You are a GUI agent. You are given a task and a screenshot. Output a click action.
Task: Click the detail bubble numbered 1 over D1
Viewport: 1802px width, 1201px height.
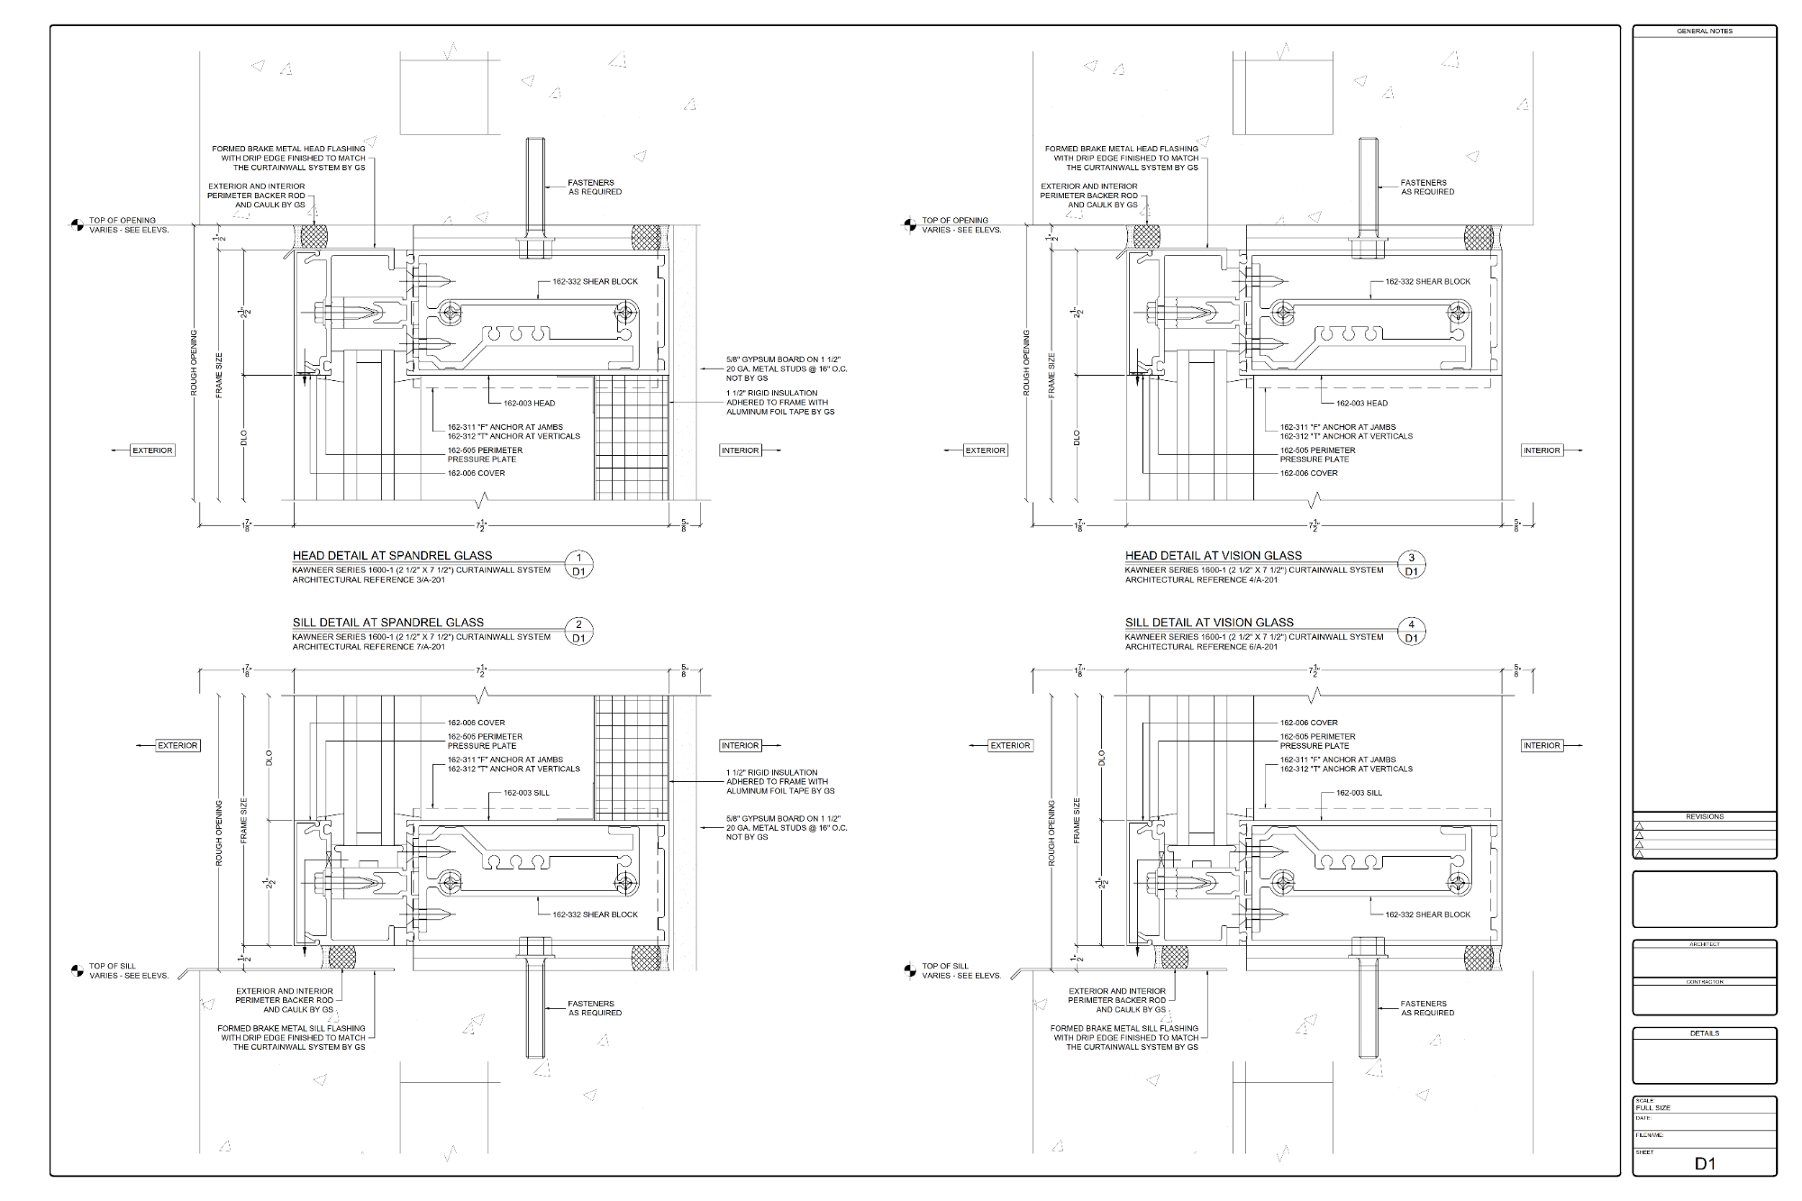click(x=579, y=564)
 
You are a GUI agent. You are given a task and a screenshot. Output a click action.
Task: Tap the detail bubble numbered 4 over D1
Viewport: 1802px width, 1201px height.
click(x=1412, y=631)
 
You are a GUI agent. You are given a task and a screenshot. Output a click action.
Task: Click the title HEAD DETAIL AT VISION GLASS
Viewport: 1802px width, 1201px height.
click(x=1213, y=555)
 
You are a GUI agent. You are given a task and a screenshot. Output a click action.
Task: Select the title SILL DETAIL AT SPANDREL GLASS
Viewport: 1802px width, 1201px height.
click(x=387, y=622)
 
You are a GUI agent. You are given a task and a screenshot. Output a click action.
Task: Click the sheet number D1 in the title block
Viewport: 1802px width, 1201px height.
click(x=1705, y=1163)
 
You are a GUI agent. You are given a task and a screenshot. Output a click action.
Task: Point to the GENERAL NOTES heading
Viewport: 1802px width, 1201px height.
click(x=1704, y=32)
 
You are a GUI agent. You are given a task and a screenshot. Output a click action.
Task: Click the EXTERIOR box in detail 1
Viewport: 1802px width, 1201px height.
click(x=152, y=450)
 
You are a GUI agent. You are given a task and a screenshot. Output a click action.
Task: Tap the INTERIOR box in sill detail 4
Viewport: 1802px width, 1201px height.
click(x=1542, y=745)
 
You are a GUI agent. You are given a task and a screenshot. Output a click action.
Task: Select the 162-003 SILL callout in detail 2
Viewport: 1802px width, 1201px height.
click(x=526, y=793)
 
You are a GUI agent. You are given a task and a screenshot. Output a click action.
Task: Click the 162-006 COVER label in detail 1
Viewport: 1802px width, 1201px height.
click(x=476, y=473)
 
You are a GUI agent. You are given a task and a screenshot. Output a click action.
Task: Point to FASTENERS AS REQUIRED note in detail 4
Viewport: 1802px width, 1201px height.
click(x=1427, y=1008)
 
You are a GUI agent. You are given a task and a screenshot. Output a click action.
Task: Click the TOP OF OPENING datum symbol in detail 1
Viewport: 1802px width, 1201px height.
click(x=77, y=224)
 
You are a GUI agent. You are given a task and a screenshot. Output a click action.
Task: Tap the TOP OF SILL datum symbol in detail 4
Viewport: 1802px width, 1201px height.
click(x=910, y=970)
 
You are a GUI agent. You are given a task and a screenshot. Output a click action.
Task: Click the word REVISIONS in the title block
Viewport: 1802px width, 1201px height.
click(x=1704, y=816)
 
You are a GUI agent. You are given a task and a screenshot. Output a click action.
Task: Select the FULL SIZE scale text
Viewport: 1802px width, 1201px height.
click(x=1653, y=1107)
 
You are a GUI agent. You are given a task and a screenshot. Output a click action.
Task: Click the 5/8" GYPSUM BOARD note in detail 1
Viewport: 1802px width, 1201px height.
click(x=786, y=368)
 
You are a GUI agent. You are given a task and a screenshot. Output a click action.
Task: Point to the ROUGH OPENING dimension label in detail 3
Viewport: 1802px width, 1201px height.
click(x=1026, y=363)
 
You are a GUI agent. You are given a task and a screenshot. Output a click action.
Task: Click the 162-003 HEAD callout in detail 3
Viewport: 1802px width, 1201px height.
click(x=1361, y=403)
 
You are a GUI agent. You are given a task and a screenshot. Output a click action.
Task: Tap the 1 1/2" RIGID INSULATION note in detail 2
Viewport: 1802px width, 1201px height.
click(x=780, y=781)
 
